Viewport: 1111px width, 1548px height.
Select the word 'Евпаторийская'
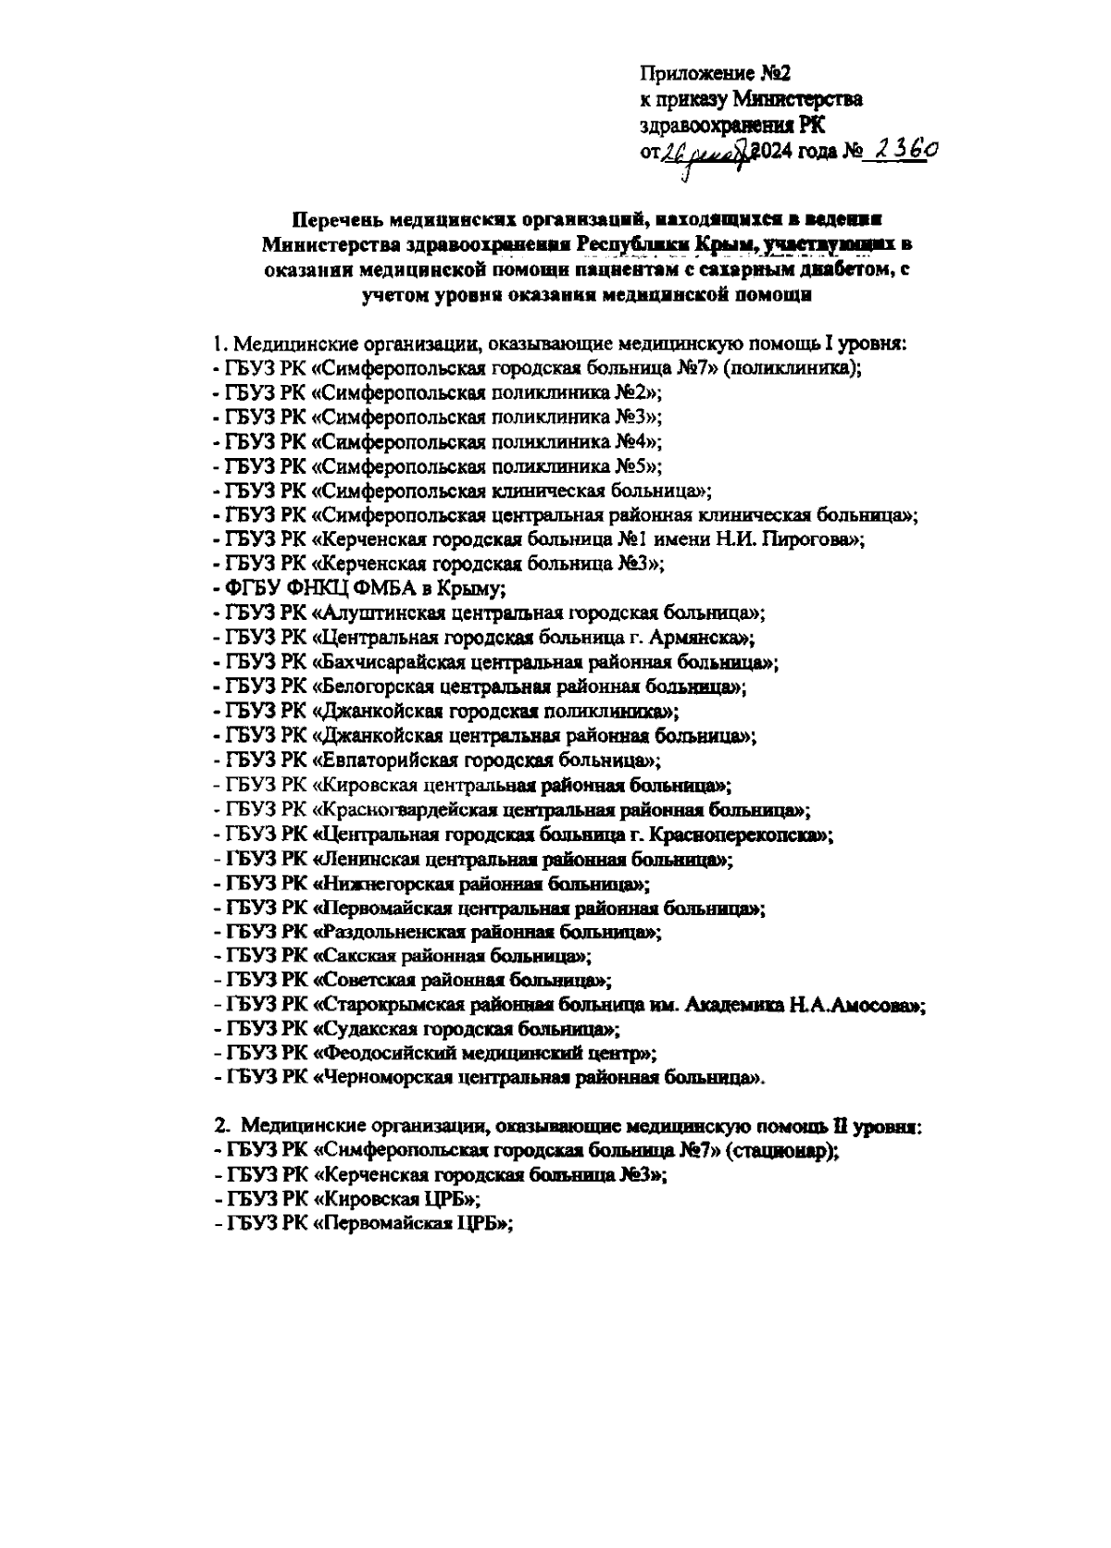383,761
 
